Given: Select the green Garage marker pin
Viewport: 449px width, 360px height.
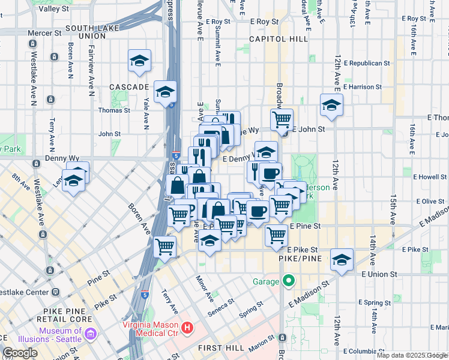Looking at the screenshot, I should pyautogui.click(x=289, y=281).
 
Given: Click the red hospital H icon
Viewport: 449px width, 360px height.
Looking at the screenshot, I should pyautogui.click(x=187, y=328).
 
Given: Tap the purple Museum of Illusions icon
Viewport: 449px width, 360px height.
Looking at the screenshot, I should pyautogui.click(x=90, y=332).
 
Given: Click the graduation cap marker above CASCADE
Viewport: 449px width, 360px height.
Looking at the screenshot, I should pyautogui.click(x=139, y=61).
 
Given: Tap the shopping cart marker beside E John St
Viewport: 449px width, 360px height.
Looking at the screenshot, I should pyautogui.click(x=281, y=119).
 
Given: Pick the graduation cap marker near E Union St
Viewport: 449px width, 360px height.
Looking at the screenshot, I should pyautogui.click(x=342, y=260).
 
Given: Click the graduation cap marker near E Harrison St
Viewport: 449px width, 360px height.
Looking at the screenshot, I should pyautogui.click(x=331, y=105).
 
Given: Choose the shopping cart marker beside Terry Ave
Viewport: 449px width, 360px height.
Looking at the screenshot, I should pyautogui.click(x=165, y=245).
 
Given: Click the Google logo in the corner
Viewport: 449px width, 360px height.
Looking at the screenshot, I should pyautogui.click(x=20, y=353).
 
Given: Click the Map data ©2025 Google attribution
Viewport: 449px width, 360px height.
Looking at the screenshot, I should pyautogui.click(x=411, y=355).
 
